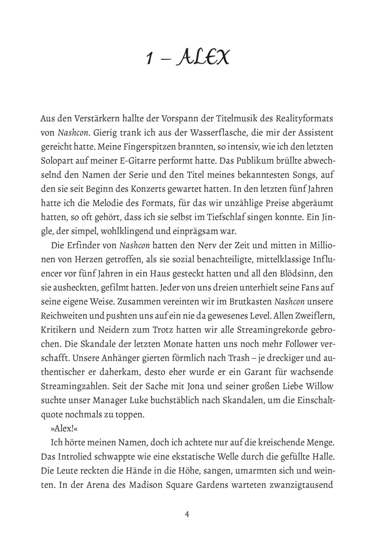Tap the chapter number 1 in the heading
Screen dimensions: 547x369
(x=149, y=58)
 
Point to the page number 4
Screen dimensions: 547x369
(x=187, y=515)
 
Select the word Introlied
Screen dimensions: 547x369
(x=80, y=457)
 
